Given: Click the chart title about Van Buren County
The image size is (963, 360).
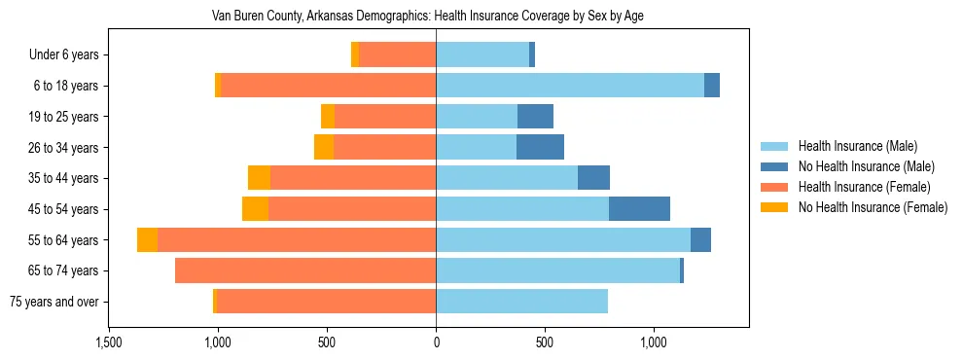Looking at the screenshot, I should (x=428, y=17).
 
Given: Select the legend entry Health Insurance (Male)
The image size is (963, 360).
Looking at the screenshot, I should (x=856, y=146).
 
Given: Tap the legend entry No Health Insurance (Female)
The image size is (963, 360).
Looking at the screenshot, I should (x=872, y=207).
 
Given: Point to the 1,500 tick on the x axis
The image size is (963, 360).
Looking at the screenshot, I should (x=108, y=342).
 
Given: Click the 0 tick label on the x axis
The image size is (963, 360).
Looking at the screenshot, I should (x=436, y=342).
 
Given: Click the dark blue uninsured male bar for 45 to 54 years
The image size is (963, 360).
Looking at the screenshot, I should (x=639, y=209).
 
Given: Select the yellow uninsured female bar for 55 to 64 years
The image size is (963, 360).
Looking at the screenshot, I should (x=147, y=240).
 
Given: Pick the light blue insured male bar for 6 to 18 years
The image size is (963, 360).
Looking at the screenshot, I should (x=570, y=86).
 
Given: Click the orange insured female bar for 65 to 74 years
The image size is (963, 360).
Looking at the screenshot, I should (x=305, y=270).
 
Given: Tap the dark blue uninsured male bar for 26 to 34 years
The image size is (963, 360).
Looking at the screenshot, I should (x=540, y=148).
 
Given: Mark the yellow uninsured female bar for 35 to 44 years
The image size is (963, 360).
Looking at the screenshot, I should (x=259, y=178).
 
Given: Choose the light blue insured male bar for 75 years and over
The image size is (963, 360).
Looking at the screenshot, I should (x=521, y=302).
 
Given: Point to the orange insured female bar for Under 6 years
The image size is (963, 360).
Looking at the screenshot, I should (x=397, y=55).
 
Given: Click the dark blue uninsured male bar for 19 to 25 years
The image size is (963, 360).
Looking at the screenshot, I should (x=535, y=117).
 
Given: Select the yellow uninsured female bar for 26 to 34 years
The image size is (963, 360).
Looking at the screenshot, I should (x=324, y=148).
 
